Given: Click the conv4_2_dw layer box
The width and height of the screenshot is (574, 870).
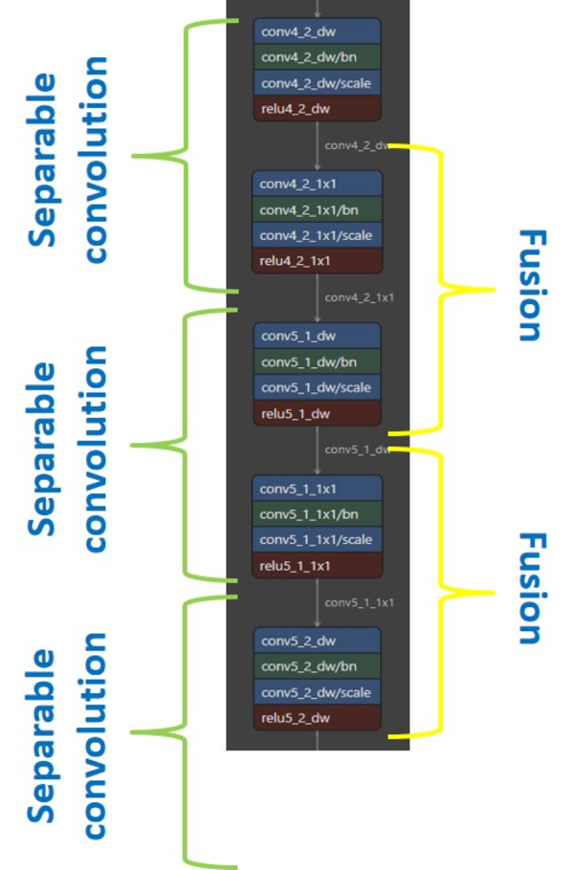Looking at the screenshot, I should pos(317,32).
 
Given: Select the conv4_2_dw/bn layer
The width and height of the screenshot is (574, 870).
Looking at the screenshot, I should pos(317,57).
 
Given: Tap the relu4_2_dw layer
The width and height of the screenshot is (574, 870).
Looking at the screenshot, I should pos(317,108).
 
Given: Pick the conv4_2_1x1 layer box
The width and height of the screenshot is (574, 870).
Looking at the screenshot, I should pos(317,184).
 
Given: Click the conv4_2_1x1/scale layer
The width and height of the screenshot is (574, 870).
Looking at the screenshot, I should pos(317,235).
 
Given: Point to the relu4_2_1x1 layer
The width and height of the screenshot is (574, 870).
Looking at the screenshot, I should pos(317,260).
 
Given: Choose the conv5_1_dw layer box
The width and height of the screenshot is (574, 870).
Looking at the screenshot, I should pos(317,337).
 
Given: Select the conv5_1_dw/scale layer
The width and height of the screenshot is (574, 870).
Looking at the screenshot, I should pos(317,387).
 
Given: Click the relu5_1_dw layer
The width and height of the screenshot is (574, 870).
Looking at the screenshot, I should pos(317,413).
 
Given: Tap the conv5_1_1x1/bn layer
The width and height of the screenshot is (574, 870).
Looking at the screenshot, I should pos(317,514).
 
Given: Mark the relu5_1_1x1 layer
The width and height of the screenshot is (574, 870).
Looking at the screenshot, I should pos(317,565).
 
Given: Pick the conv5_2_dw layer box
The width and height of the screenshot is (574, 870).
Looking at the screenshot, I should pos(317,641).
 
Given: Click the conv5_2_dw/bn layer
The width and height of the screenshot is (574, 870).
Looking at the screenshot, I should pos(317,666).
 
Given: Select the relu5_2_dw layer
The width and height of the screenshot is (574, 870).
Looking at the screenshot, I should pos(317,717).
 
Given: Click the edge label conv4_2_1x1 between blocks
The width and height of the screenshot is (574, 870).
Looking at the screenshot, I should pos(359,297).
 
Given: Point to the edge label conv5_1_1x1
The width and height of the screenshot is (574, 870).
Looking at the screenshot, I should pos(359,602).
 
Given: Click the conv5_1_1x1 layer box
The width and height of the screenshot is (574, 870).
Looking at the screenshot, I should pos(317,489).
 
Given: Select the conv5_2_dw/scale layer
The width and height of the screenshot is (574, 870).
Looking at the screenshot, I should pos(317,692).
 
